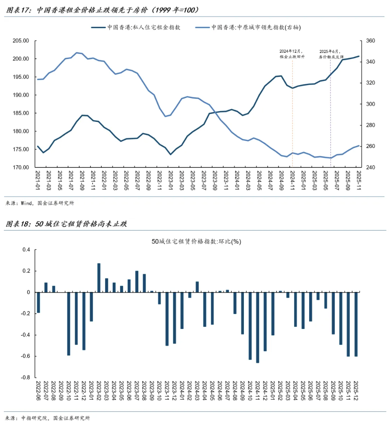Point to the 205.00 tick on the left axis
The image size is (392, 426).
click(x=20, y=41)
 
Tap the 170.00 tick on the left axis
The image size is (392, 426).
click(x=20, y=167)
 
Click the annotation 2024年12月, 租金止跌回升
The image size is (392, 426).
click(x=293, y=53)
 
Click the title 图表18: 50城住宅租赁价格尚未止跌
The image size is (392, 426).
click(x=66, y=224)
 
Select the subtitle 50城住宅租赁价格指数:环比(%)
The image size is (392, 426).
click(x=196, y=241)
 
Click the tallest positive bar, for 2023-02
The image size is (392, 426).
click(x=99, y=278)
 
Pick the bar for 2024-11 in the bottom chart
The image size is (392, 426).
click(x=257, y=327)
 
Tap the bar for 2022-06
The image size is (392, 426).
click(x=38, y=302)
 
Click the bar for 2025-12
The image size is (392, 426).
click(x=356, y=324)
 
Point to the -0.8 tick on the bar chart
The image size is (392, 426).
click(x=26, y=378)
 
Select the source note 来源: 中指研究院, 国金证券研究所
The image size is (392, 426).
click(x=47, y=418)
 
